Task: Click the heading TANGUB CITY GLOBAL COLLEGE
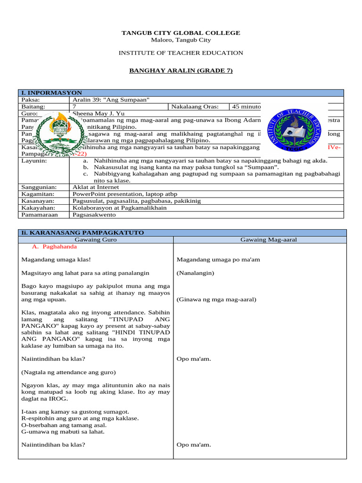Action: coord(181,33)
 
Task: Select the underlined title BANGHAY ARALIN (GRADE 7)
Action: coord(181,71)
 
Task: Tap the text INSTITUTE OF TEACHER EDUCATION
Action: coord(181,53)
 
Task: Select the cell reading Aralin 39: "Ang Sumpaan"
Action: coord(111,100)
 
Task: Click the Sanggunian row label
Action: coord(39,187)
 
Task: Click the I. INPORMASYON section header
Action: coord(52,93)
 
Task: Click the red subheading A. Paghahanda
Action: coord(54,247)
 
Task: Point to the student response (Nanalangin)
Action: coord(195,273)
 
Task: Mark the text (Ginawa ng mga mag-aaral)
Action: coord(216,300)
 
